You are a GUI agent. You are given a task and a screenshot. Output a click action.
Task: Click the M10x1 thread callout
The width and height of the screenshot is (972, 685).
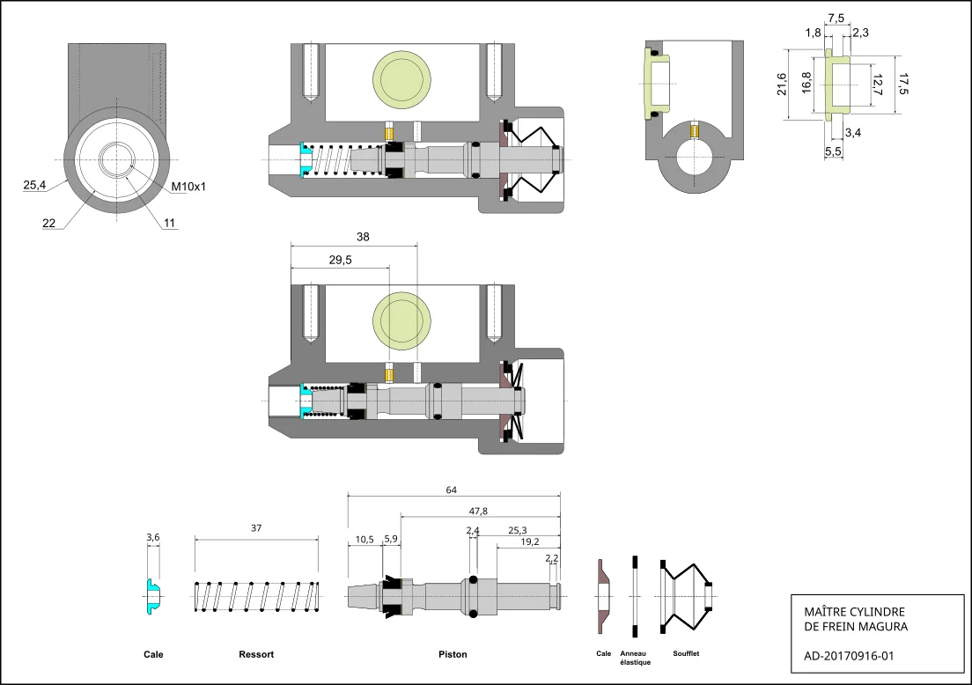click(x=188, y=187)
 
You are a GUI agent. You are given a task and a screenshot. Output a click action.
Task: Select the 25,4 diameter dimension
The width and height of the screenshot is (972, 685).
click(x=34, y=185)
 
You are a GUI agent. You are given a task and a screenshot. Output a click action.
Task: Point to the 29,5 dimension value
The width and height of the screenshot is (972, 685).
click(x=340, y=260)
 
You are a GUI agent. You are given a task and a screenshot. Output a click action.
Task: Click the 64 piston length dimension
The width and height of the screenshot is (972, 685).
click(x=453, y=490)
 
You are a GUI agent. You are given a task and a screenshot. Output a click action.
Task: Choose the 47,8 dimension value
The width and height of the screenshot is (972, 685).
click(x=479, y=511)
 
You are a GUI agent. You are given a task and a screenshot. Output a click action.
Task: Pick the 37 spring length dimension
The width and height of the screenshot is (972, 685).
click(x=256, y=528)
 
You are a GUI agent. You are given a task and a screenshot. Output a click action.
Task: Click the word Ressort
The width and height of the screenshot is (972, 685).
click(x=256, y=654)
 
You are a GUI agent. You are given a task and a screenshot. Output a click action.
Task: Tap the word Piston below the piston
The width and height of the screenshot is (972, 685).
click(x=453, y=654)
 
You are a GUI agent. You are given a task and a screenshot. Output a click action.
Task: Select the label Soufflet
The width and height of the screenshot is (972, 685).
click(x=686, y=653)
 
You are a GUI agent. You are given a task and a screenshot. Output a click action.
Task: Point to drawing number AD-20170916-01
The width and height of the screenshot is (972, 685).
click(x=850, y=655)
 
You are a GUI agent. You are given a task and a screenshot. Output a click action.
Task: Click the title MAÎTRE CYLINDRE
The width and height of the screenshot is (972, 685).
click(x=855, y=612)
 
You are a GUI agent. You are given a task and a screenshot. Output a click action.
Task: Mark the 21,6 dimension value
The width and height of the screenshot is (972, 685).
click(x=781, y=84)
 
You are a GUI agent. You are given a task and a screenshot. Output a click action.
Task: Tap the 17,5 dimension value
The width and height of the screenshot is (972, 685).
click(x=902, y=84)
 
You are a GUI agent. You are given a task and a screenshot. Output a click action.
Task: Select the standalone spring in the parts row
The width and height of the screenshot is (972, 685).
click(x=256, y=596)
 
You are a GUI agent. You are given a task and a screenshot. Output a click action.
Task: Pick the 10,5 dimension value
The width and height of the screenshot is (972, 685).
click(x=364, y=539)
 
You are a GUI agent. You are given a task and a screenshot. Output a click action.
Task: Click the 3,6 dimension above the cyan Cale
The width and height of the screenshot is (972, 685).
click(x=152, y=537)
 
